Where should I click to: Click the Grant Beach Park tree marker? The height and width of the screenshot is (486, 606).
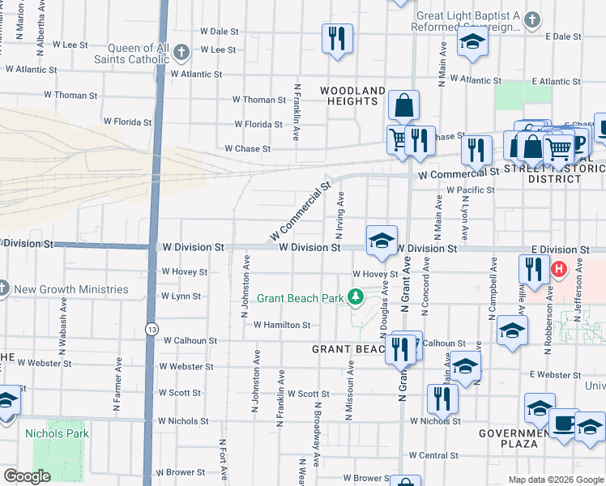click(x=355, y=297)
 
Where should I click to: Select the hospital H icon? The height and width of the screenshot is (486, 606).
click(x=558, y=268)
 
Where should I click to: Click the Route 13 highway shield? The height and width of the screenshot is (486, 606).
click(x=151, y=329)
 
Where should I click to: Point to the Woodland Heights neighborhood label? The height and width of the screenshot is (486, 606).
click(x=352, y=96)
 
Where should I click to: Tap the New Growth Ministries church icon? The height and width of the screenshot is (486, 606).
click(x=2, y=288)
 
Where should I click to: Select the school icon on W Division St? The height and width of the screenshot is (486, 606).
click(x=382, y=240)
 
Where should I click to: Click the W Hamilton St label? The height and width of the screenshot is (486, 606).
click(x=282, y=325)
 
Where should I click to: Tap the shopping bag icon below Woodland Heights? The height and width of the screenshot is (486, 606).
click(x=403, y=105)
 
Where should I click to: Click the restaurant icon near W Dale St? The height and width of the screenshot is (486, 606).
click(x=336, y=38)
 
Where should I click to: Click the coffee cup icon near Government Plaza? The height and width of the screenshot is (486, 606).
click(x=564, y=423)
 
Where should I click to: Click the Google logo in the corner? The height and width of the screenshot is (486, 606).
click(x=28, y=476)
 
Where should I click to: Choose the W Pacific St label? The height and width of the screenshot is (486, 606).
click(x=470, y=190)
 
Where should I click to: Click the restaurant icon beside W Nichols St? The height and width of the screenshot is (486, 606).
click(x=442, y=398)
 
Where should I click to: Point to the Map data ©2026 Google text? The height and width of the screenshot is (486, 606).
click(x=555, y=480)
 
